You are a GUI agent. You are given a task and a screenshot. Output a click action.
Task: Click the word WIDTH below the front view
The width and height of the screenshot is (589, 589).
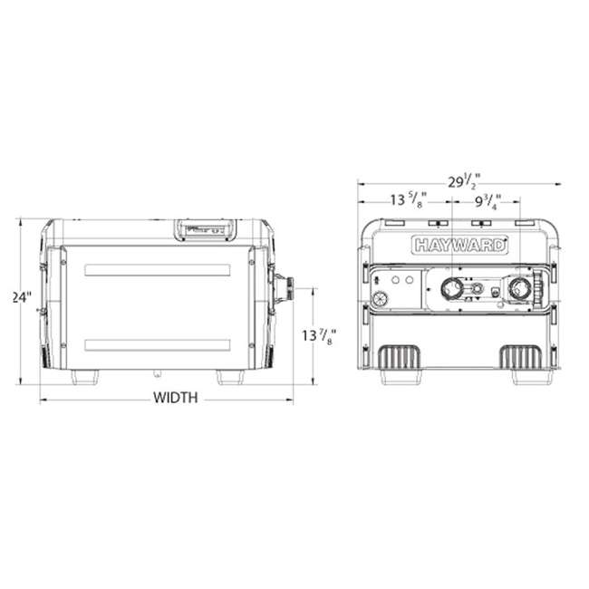point(176,398)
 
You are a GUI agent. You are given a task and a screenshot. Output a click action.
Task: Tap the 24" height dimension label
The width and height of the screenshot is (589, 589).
point(22,297)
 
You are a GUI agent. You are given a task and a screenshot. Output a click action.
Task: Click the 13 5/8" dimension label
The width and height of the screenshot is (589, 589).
point(409,199)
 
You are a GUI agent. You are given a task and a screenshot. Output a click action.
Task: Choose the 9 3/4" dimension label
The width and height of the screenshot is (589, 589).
point(488,201)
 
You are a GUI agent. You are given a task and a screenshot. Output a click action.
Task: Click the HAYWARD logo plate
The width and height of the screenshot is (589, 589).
point(459,246)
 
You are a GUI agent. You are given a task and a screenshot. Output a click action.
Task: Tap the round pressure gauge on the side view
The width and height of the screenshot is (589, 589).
point(381,299)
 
